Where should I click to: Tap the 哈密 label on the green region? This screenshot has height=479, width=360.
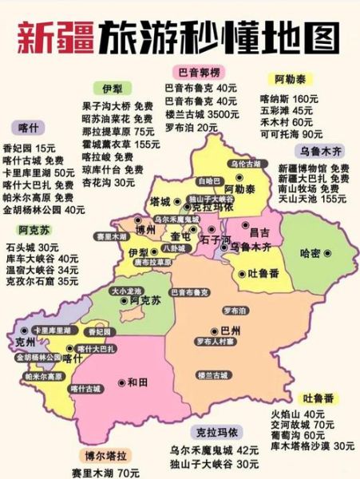[311, 253]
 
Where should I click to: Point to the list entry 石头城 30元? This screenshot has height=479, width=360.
[32, 247]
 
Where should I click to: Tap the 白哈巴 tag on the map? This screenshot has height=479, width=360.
[206, 180]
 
